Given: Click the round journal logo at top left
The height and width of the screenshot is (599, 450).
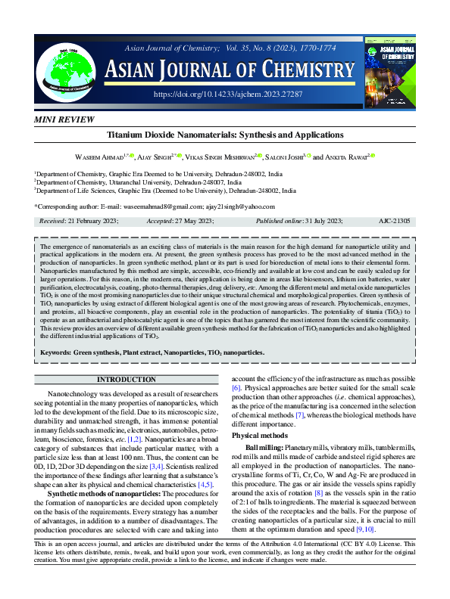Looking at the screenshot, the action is (x=65, y=65).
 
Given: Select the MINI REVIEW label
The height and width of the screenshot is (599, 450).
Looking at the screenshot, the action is (x=65, y=120).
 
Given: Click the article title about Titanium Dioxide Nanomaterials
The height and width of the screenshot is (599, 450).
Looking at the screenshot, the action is (x=225, y=135).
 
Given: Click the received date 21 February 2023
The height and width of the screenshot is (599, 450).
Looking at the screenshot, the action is (x=80, y=221).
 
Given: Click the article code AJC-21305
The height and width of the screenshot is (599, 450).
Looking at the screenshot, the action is (x=394, y=221).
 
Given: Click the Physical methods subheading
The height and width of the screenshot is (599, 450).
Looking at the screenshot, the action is (x=261, y=436).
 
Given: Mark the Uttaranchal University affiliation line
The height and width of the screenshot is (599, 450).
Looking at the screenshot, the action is (x=139, y=182).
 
